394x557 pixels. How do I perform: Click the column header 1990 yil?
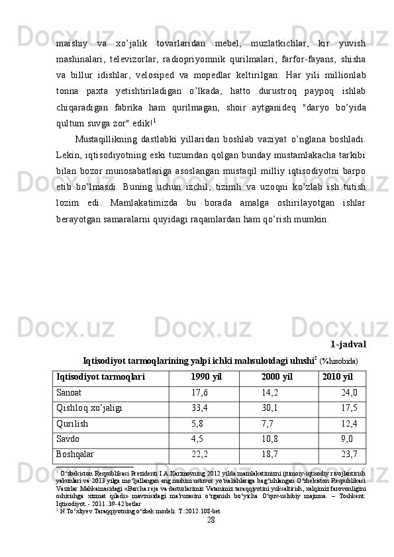[x=206, y=377]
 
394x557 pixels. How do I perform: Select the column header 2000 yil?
[x=277, y=377]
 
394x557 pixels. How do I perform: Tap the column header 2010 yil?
[x=337, y=377]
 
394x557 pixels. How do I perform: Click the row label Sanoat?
[x=70, y=392]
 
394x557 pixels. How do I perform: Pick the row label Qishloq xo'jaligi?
[x=89, y=407]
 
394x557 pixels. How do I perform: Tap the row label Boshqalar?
[x=75, y=453]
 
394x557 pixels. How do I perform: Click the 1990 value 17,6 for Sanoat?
[x=199, y=392]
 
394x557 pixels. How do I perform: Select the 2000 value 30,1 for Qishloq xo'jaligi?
[x=270, y=407]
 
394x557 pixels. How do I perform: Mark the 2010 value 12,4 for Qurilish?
[x=349, y=423]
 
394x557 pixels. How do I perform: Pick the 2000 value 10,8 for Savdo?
[x=270, y=438]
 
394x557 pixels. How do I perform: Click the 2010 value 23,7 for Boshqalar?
[x=349, y=453]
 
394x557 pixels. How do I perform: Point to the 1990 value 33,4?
[x=199, y=407]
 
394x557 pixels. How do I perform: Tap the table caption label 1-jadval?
[x=348, y=344]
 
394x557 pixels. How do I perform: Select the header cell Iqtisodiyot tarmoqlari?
[x=101, y=377]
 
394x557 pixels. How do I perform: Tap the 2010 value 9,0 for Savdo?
[x=346, y=438]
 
